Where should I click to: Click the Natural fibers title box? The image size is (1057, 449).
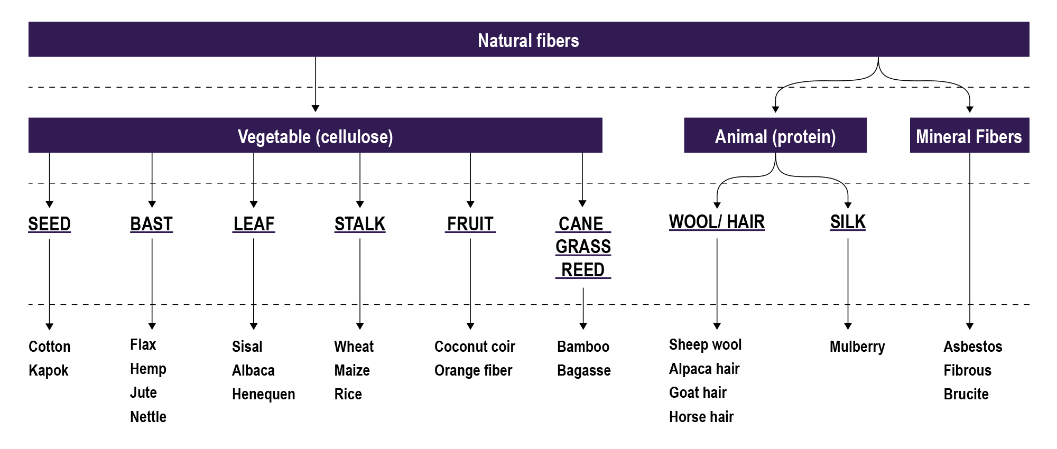[528, 40]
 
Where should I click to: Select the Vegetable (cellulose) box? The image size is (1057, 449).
[316, 136]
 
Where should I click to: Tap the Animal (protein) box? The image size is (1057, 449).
[775, 136]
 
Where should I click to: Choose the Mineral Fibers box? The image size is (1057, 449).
[969, 136]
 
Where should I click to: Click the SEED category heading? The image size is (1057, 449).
[49, 224]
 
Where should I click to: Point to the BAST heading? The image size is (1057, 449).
[152, 224]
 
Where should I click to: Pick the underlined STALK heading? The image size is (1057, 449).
[360, 224]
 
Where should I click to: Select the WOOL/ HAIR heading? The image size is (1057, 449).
[717, 222]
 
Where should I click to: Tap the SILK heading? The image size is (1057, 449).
[848, 222]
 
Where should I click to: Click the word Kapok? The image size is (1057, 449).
[49, 370]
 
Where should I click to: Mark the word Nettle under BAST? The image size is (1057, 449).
[148, 417]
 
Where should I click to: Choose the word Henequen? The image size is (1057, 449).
[263, 394]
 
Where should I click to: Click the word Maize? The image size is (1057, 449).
[352, 370]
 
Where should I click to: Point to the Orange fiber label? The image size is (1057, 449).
[473, 370]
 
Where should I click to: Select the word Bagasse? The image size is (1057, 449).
[583, 370]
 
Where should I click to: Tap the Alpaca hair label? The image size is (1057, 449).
[704, 369]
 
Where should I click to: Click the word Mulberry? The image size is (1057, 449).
[857, 347]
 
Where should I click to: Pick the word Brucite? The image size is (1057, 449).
[966, 394]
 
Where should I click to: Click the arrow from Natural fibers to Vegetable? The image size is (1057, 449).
[316, 85]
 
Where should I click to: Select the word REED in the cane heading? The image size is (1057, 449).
[583, 270]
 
